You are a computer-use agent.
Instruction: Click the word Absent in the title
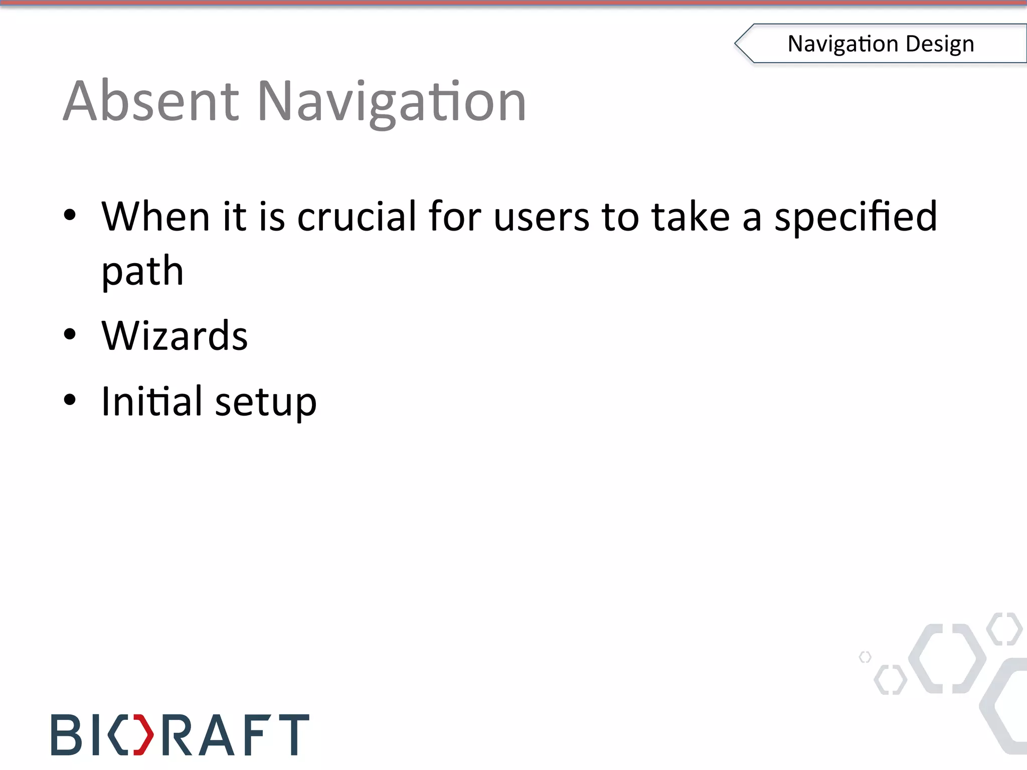(x=151, y=101)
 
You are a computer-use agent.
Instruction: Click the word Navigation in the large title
(x=392, y=103)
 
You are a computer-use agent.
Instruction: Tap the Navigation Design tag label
(x=881, y=44)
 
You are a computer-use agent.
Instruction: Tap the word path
(x=142, y=272)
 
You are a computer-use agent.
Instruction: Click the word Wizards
(x=175, y=335)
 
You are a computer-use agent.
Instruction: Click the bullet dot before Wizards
(x=70, y=334)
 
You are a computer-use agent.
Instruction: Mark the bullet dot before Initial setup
(x=70, y=400)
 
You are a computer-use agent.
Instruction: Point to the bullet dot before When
(x=70, y=215)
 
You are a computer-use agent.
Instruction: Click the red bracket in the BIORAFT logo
(x=143, y=735)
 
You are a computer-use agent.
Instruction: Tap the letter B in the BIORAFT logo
(x=66, y=735)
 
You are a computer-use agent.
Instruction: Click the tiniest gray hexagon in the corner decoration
(x=865, y=657)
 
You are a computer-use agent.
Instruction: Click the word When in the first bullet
(x=155, y=217)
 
